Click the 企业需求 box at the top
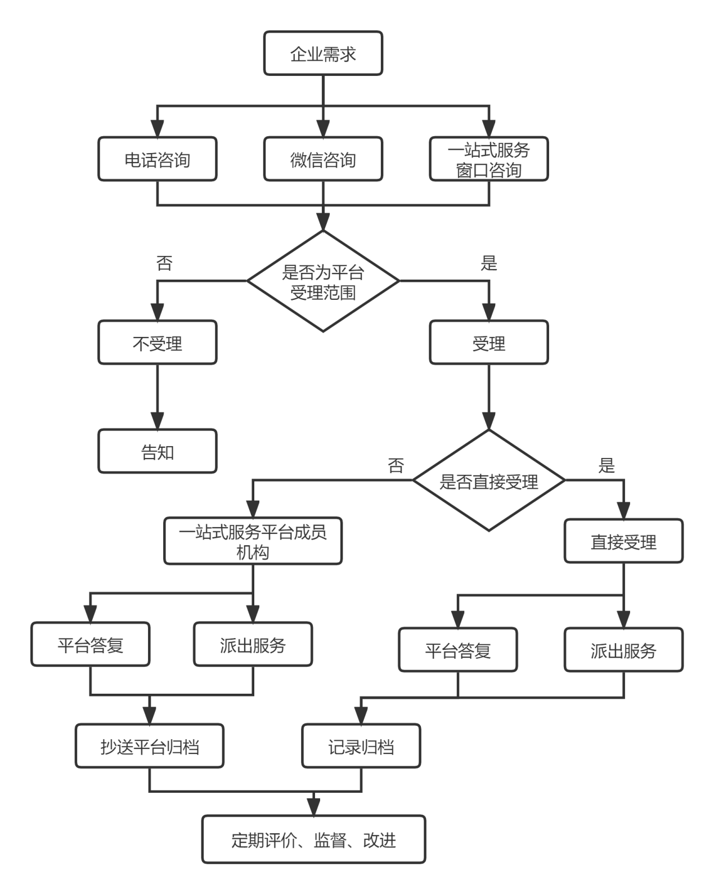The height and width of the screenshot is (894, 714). click(323, 53)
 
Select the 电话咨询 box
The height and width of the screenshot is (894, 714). click(157, 160)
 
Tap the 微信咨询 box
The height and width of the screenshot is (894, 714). click(323, 160)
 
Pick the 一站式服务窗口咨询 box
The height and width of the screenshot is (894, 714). click(488, 160)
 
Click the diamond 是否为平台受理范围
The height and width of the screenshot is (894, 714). click(323, 281)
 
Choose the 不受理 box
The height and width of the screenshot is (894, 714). click(157, 343)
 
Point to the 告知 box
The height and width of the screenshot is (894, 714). click(157, 451)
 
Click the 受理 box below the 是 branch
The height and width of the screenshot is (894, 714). click(488, 343)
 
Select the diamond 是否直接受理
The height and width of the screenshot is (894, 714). click(488, 481)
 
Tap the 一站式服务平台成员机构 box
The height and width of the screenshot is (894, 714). click(253, 541)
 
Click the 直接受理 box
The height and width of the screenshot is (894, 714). click(623, 541)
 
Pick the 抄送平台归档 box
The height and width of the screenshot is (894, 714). click(150, 746)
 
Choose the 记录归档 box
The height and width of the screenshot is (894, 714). click(361, 746)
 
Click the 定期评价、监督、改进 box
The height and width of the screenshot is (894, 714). click(313, 839)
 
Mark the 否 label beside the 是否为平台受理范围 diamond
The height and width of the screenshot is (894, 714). click(164, 263)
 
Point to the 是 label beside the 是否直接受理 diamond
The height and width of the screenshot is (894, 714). click(606, 465)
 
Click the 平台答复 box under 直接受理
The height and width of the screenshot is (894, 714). click(457, 650)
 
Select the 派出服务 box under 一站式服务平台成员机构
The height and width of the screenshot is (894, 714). click(253, 644)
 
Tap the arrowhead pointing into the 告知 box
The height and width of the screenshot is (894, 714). click(157, 421)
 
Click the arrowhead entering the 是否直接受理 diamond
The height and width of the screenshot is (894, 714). click(488, 421)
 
